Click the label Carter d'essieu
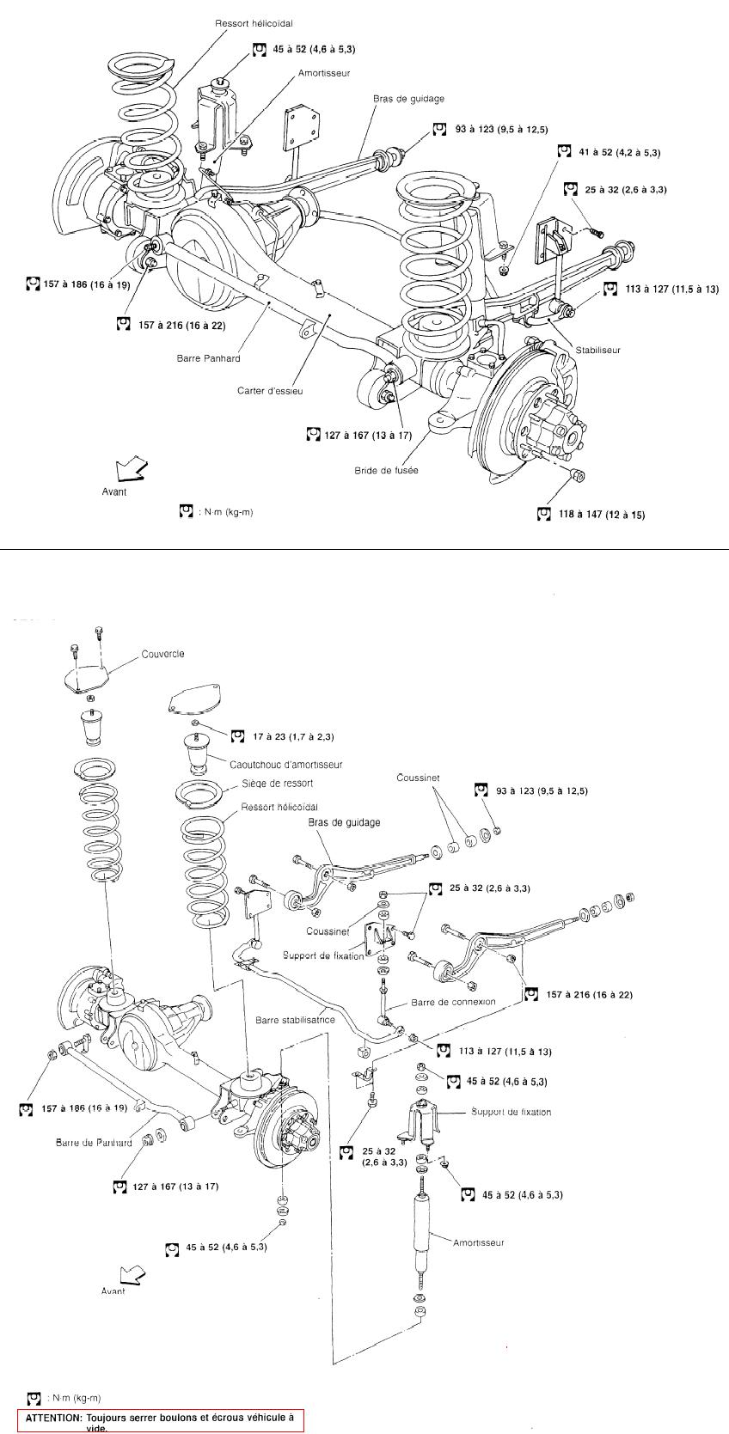coord(270,391)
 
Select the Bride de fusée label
coord(386,470)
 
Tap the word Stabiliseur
coord(597,350)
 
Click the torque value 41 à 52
coord(619,152)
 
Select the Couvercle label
coord(163,654)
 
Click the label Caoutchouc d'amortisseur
coord(285,764)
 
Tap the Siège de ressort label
coord(277,784)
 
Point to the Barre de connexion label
coord(453,1002)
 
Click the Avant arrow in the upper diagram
coord(131,468)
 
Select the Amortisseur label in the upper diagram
coord(324,74)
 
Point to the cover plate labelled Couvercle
coord(89,677)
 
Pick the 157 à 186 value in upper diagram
coord(78,284)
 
